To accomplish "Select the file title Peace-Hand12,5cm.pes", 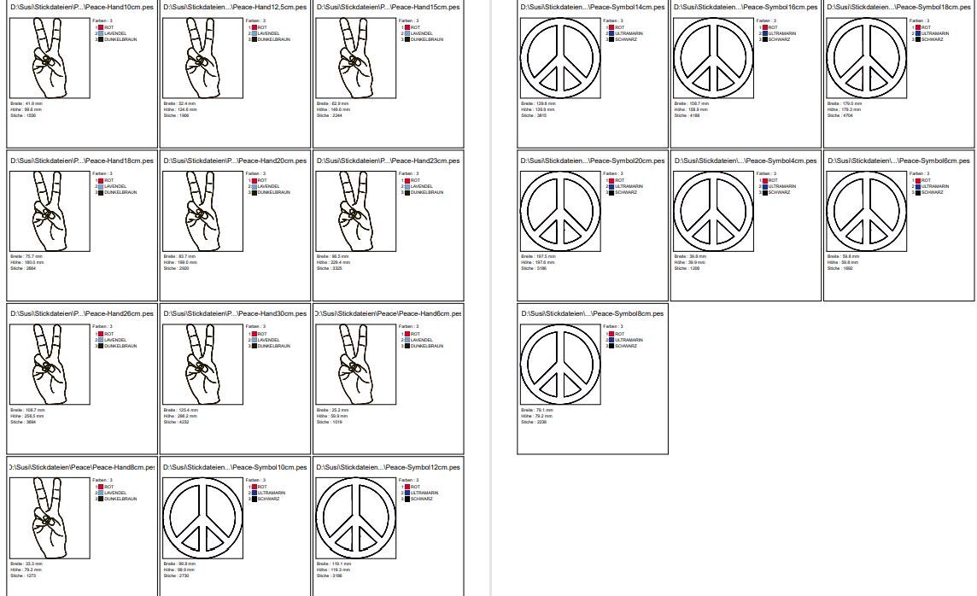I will (235, 7).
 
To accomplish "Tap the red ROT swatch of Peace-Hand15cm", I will (407, 27).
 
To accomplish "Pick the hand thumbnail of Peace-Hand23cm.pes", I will (355, 210).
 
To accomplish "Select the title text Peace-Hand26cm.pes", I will (82, 313).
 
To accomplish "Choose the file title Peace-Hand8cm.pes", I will (84, 467).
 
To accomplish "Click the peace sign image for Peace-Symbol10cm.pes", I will (202, 517).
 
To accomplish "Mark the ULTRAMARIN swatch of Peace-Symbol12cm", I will (407, 493).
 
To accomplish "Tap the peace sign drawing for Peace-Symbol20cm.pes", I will (560, 210).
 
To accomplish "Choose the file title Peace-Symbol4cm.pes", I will (746, 161).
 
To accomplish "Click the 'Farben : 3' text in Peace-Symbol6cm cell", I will (919, 173).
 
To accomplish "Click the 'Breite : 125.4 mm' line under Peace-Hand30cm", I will (180, 410).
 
